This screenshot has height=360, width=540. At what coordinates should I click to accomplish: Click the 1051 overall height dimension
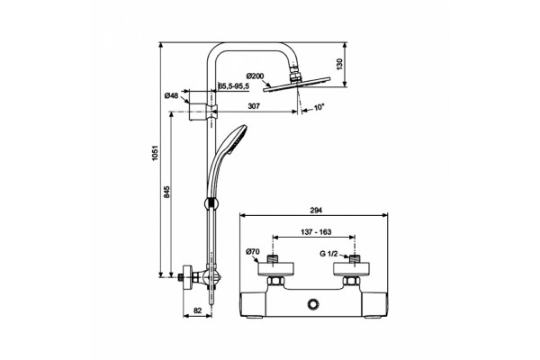point(155,153)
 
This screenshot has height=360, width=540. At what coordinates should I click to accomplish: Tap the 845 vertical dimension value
point(166,192)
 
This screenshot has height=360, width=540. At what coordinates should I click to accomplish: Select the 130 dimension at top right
point(339,65)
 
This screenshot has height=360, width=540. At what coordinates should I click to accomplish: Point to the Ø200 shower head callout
point(256,76)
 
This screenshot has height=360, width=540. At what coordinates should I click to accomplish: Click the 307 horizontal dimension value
point(254,106)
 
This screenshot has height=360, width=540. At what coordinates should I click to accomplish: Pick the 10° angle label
point(319,107)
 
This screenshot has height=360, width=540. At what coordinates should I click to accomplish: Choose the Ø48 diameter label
point(172,95)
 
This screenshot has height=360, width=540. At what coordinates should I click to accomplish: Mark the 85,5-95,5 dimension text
point(234,86)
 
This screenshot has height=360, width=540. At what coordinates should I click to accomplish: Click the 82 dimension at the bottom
point(197,310)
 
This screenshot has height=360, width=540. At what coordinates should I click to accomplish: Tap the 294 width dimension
point(316,210)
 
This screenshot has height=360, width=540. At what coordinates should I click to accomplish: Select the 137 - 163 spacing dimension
point(316,232)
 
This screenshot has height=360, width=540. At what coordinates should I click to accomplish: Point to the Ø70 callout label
point(252,252)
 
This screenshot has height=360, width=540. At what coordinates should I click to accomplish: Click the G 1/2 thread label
point(328,254)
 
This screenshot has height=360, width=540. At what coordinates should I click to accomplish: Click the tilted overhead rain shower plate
point(296,85)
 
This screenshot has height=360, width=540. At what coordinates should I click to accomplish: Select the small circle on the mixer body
point(313,304)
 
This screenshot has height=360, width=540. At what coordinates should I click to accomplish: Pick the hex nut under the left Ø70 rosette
point(276,281)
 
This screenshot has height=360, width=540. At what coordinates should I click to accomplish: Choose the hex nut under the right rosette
point(351,281)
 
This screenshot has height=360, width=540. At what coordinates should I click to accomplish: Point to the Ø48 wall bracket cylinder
point(197,106)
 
